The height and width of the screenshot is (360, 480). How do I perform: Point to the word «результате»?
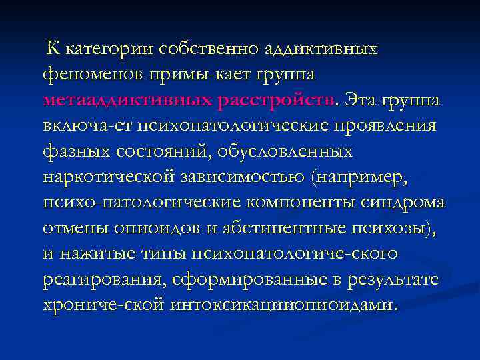(393, 279)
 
